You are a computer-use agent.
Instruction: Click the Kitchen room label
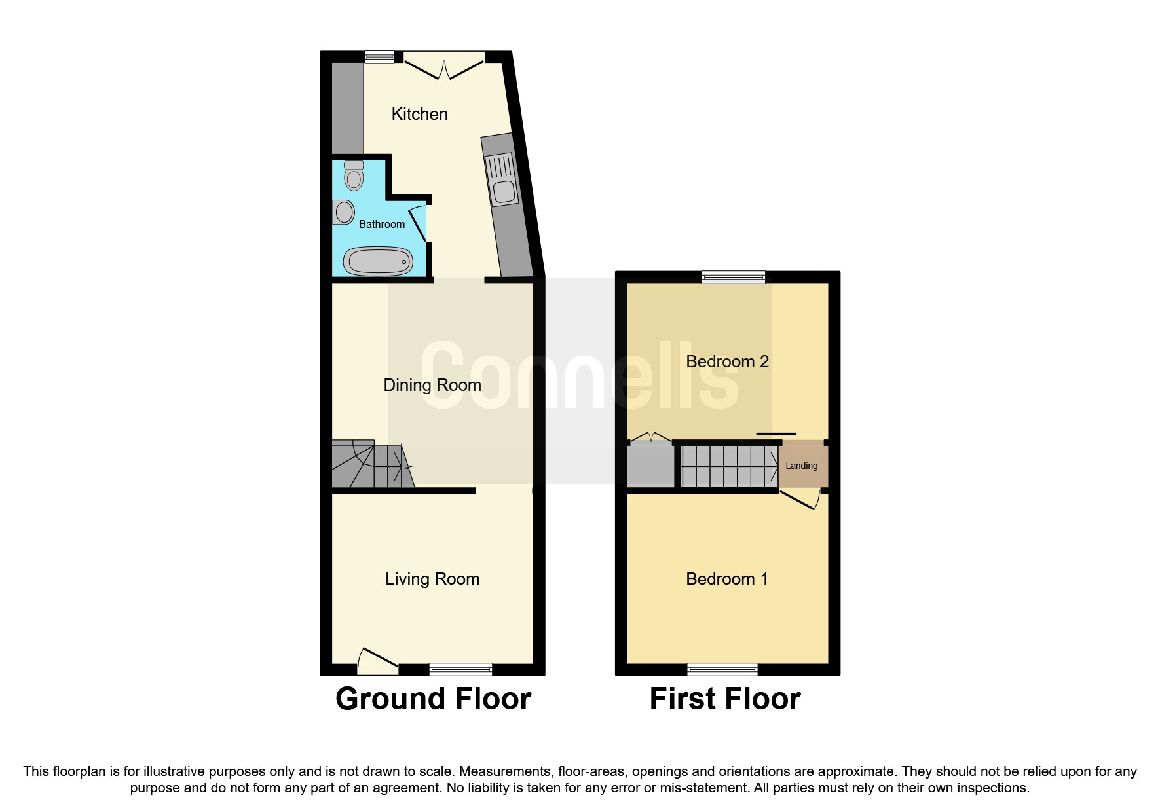[x=419, y=114]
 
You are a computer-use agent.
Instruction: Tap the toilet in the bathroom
[x=354, y=175]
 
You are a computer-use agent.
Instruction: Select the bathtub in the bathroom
[x=378, y=261]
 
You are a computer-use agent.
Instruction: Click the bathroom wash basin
[x=343, y=212]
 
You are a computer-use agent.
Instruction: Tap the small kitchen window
[x=380, y=58]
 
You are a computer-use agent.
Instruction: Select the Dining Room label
[x=432, y=385]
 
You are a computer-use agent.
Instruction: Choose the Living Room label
[x=432, y=579]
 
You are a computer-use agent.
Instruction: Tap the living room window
[x=460, y=669]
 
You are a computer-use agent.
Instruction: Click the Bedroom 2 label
[x=727, y=361]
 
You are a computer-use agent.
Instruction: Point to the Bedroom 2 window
[x=733, y=277]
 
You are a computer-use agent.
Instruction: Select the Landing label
[x=802, y=466]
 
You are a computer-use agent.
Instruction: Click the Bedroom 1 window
[x=722, y=669]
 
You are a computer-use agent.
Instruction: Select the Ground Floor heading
[x=433, y=699]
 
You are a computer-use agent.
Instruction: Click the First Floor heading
[x=724, y=699]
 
